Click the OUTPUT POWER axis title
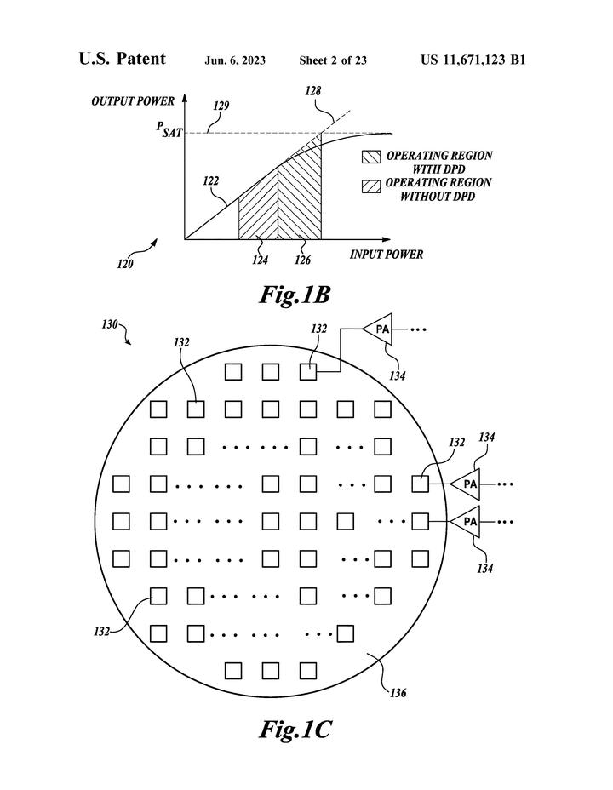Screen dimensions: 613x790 133,101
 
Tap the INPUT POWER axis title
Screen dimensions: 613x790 387,255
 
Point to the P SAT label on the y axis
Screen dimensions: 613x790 169,129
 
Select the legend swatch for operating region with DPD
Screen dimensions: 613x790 371,157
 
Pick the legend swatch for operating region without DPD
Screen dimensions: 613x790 371,186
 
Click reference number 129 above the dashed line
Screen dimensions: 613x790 221,106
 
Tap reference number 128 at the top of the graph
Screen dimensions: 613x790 312,91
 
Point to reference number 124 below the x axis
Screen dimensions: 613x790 260,260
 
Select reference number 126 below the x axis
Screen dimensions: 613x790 303,260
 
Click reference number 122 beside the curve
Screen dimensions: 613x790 210,180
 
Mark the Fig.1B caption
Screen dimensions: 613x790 295,295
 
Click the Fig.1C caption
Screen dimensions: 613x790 295,729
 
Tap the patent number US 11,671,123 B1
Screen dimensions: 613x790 473,60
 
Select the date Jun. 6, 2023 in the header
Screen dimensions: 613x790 235,61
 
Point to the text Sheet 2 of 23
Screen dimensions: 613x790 333,60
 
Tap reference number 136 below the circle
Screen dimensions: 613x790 398,693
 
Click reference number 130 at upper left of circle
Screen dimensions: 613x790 110,324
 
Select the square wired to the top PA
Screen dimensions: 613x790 308,372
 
